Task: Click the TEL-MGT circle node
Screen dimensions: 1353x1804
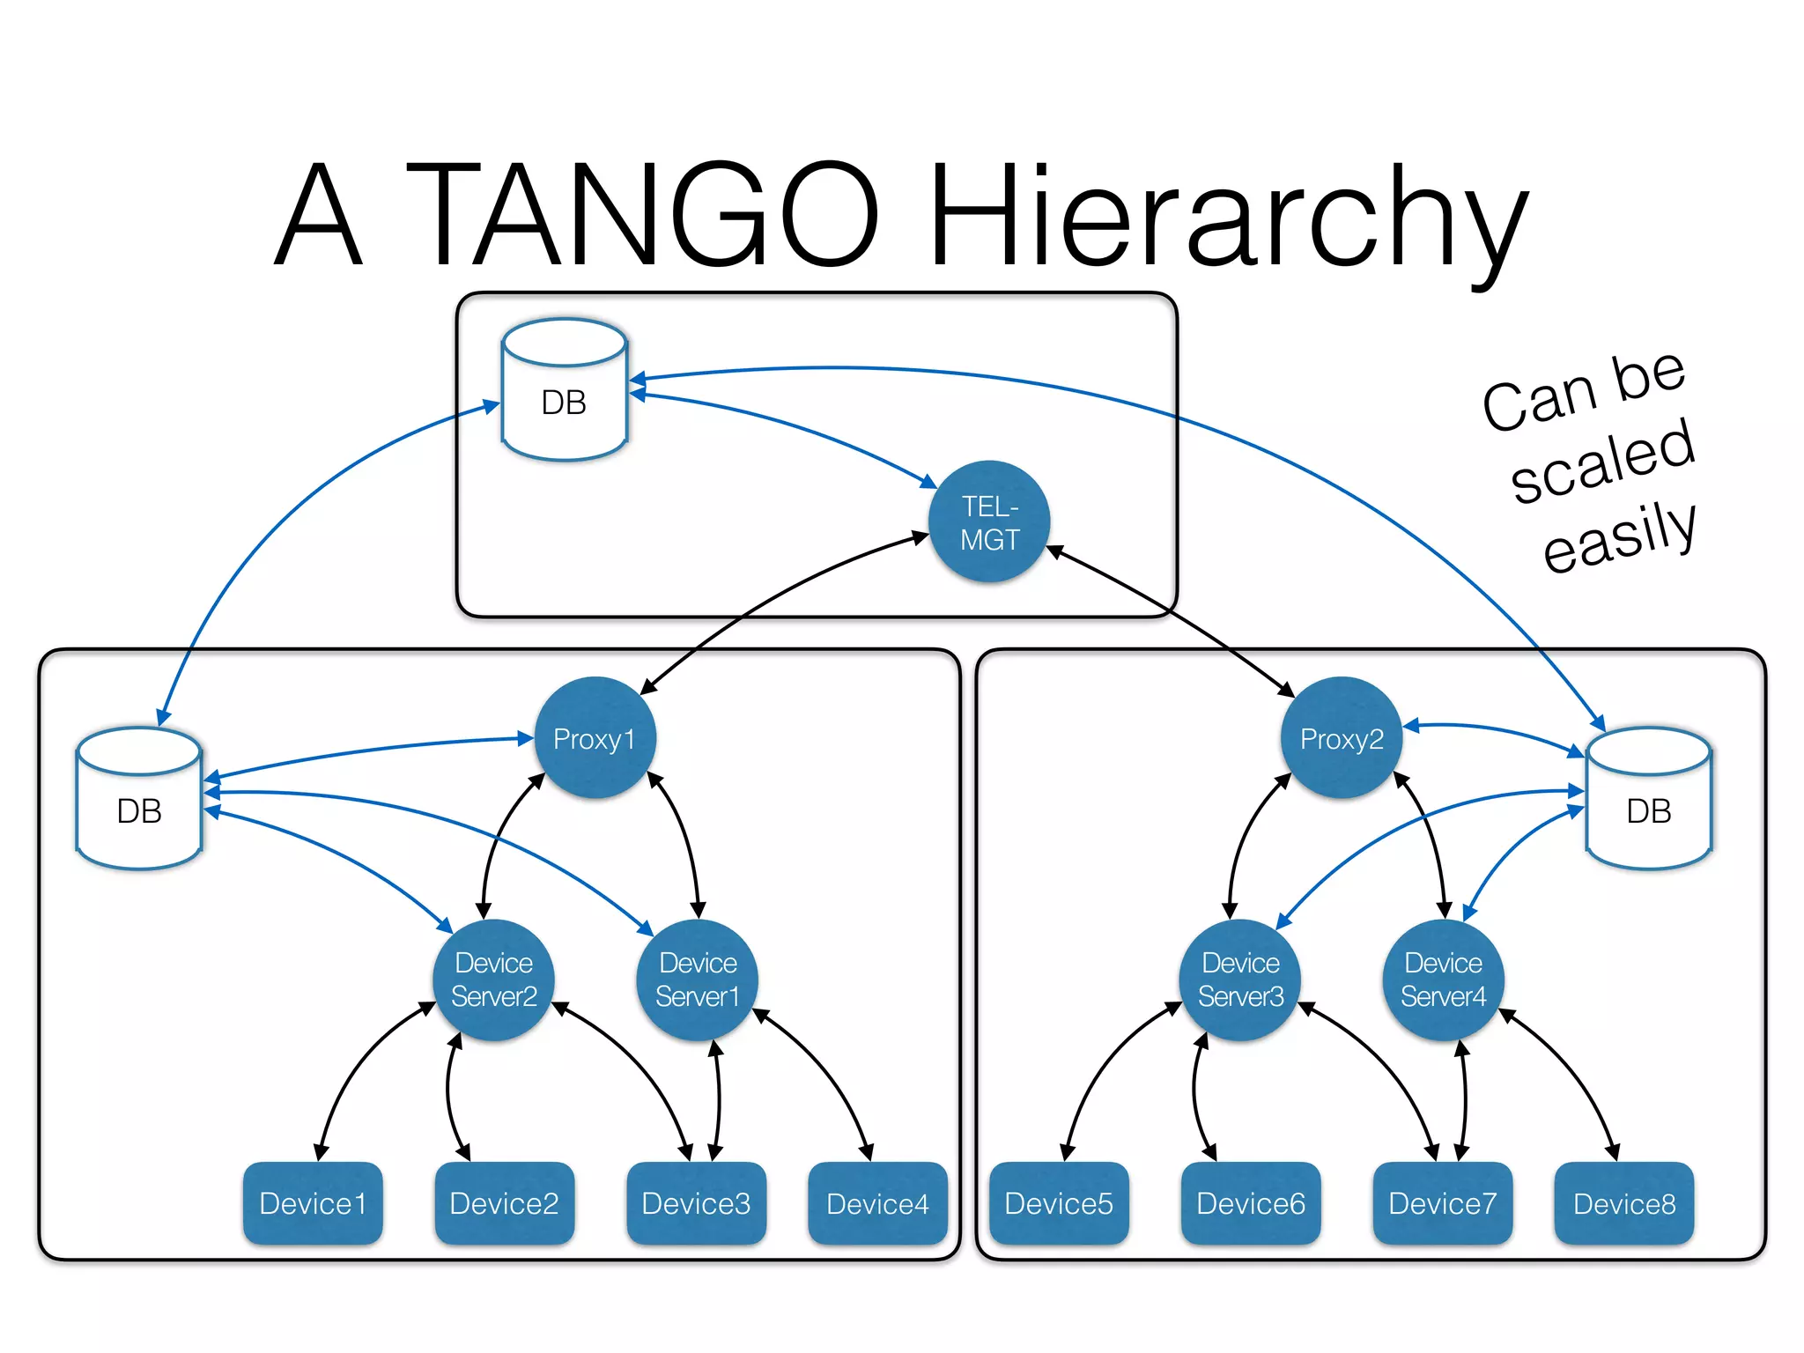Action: tap(989, 521)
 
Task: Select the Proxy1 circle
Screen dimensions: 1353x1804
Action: tap(595, 738)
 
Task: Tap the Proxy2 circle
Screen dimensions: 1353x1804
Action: tap(1342, 738)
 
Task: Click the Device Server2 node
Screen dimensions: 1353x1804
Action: tap(494, 980)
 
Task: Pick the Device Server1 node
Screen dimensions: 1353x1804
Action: tap(698, 980)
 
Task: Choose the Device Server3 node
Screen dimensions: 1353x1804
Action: tap(1240, 980)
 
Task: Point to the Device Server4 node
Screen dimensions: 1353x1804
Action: tap(1443, 980)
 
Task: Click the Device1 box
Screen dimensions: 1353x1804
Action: tap(313, 1203)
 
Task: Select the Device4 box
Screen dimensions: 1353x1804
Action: tap(877, 1203)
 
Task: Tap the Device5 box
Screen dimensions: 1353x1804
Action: tap(1059, 1203)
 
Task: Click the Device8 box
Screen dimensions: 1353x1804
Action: tap(1624, 1203)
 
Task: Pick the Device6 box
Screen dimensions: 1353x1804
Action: tap(1251, 1203)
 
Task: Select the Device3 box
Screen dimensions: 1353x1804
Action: tap(696, 1203)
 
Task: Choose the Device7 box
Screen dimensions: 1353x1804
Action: tap(1443, 1203)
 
